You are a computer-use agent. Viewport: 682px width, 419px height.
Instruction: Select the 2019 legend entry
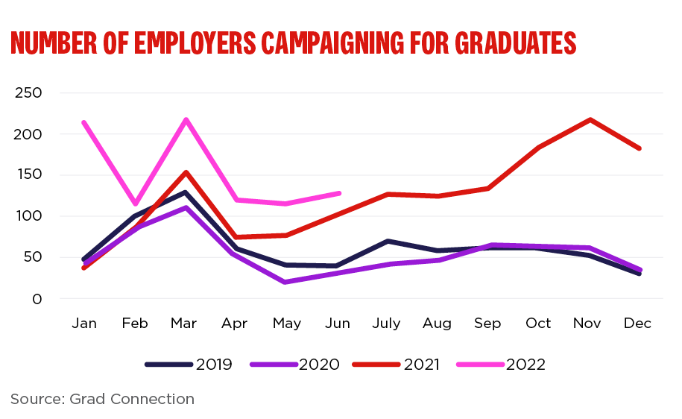click(x=214, y=365)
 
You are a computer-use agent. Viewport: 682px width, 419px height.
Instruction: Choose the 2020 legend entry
click(x=319, y=365)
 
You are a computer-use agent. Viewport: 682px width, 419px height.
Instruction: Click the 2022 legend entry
click(x=525, y=365)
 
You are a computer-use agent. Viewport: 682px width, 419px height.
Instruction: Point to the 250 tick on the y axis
click(x=28, y=93)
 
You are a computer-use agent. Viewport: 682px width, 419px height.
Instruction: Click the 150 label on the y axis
click(x=28, y=175)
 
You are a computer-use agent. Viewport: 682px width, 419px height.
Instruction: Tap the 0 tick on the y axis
click(x=37, y=299)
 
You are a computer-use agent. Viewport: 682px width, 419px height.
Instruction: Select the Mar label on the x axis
click(x=184, y=324)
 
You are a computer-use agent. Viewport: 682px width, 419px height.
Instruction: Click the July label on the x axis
click(x=388, y=324)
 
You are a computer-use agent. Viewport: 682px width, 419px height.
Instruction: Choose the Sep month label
click(x=487, y=324)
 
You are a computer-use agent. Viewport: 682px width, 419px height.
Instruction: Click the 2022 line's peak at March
click(x=186, y=119)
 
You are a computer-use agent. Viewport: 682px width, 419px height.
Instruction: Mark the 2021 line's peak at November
click(x=590, y=119)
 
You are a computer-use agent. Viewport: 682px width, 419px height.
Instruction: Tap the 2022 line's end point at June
click(x=339, y=193)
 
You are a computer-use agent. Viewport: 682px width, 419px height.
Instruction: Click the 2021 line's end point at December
click(x=640, y=148)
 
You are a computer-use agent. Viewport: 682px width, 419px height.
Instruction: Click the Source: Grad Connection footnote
click(x=103, y=399)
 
